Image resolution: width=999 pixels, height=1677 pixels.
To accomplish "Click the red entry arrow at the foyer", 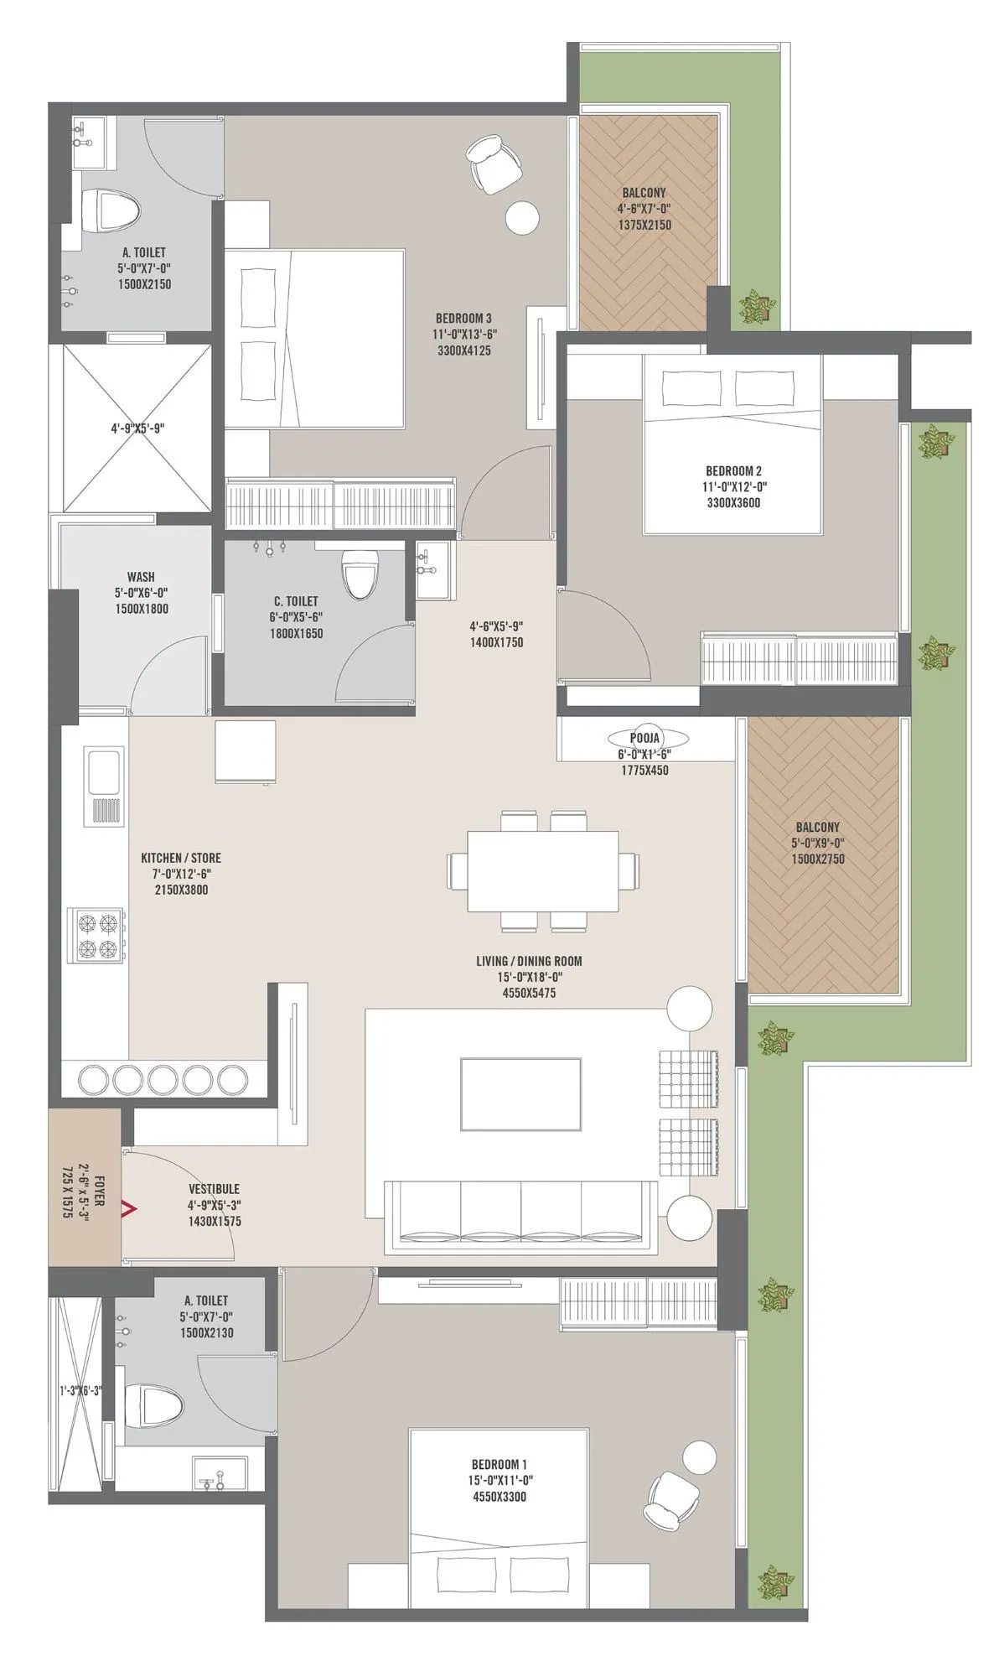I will point(129,1208).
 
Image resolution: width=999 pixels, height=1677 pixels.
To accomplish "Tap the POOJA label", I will point(645,738).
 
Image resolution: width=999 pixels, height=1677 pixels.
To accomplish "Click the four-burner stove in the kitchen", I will point(96,937).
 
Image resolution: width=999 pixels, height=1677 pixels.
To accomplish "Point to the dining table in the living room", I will point(542,870).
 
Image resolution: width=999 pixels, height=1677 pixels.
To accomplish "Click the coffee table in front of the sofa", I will point(520,1093).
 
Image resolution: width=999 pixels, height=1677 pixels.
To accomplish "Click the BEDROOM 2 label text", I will point(733,471).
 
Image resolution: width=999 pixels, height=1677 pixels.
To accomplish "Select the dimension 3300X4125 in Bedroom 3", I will point(463,350).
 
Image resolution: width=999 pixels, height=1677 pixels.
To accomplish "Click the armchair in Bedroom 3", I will point(494,162).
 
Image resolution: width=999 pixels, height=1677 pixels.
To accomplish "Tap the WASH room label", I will point(141,577).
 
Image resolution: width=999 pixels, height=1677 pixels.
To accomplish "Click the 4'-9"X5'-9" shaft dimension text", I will point(137,428).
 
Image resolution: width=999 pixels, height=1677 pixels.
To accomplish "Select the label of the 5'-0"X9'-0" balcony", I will point(817,828).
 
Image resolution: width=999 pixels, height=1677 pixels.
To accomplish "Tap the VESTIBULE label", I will point(214,1189).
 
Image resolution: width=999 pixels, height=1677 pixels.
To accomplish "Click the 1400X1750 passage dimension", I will point(496,642).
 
